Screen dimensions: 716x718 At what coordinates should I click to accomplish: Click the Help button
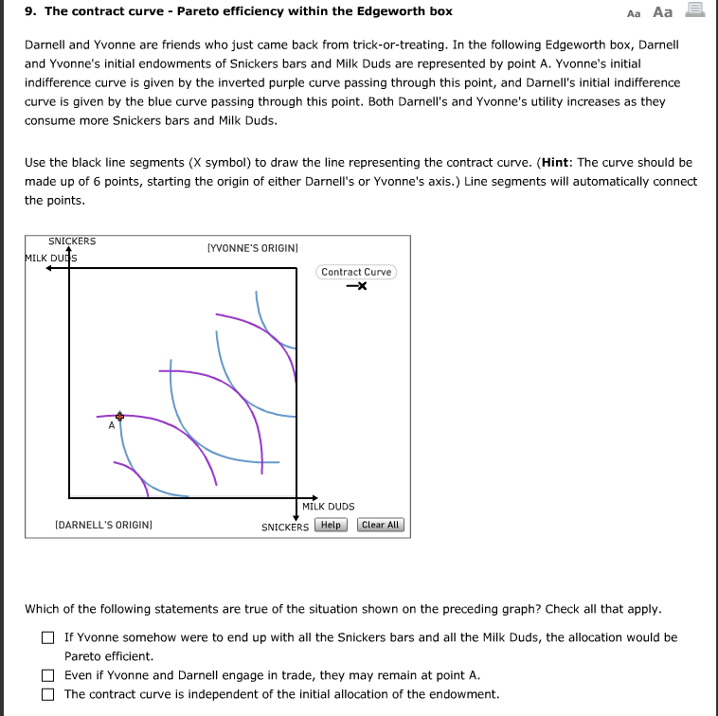pyautogui.click(x=331, y=525)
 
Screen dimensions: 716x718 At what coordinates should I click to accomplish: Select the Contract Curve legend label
pyautogui.click(x=355, y=272)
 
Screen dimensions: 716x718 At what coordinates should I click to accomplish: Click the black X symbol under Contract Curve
pyautogui.click(x=356, y=286)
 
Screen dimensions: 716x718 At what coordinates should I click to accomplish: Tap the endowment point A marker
pyautogui.click(x=119, y=416)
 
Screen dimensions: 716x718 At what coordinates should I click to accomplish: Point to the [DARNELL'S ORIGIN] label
pyautogui.click(x=104, y=524)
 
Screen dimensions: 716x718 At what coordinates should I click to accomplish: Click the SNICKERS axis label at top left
pyautogui.click(x=72, y=242)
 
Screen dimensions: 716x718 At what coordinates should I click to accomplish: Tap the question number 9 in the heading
pyautogui.click(x=29, y=11)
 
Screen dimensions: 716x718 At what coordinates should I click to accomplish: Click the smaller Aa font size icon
pyautogui.click(x=634, y=12)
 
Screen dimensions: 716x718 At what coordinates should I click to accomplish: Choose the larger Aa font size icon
pyautogui.click(x=663, y=11)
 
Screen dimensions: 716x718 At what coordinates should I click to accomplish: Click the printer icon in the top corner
pyautogui.click(x=694, y=10)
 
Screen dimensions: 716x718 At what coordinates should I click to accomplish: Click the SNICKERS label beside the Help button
pyautogui.click(x=285, y=527)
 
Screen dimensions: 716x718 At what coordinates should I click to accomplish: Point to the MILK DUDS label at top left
pyautogui.click(x=51, y=258)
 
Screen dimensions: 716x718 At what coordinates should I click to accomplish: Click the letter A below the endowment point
pyautogui.click(x=111, y=426)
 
